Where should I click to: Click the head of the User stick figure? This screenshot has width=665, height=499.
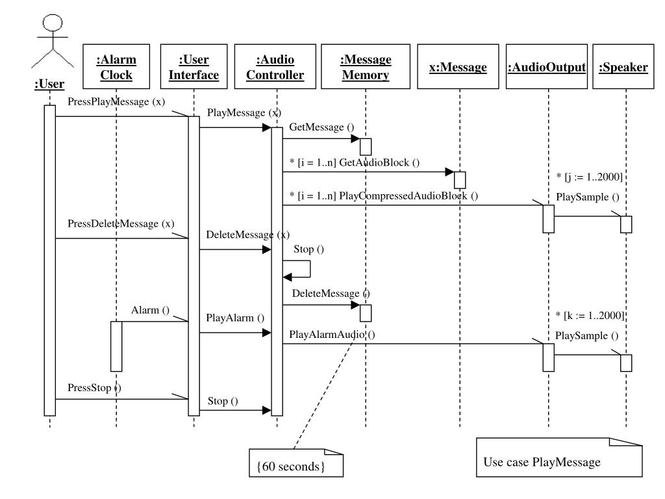point(53,23)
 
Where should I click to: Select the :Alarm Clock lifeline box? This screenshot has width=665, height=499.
point(116,67)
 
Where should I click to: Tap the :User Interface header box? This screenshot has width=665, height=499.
point(194,67)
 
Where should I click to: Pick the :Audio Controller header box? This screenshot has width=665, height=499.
point(275,67)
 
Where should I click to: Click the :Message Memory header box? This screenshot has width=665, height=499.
point(366,67)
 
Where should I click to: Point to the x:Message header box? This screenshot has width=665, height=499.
point(458,67)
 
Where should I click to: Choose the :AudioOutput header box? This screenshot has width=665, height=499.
point(547,67)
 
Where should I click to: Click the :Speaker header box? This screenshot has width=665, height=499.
point(623,67)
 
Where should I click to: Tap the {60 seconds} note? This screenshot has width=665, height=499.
point(296,463)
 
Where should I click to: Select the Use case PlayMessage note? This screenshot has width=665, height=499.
point(559,457)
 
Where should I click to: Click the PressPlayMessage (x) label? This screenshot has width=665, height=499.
point(116,102)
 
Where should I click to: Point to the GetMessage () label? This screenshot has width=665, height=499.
point(321,127)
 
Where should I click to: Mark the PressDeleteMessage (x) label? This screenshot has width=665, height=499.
point(121,224)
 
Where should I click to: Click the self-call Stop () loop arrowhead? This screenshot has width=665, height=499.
point(288,277)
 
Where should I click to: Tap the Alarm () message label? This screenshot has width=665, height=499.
point(150,310)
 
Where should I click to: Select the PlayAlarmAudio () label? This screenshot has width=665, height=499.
point(332,335)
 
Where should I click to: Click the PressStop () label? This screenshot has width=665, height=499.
point(94,388)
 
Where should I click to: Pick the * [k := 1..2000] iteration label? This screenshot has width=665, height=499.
point(590,316)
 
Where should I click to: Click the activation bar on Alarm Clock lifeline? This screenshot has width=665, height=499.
point(116,346)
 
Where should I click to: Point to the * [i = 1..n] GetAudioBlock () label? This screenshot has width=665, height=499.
point(355,162)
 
